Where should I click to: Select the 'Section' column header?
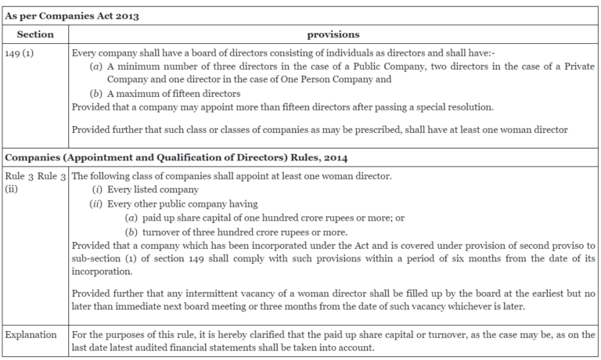(35, 34)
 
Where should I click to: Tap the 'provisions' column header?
(333, 34)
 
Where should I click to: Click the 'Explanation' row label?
(32, 334)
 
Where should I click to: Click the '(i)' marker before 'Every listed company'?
(98, 190)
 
